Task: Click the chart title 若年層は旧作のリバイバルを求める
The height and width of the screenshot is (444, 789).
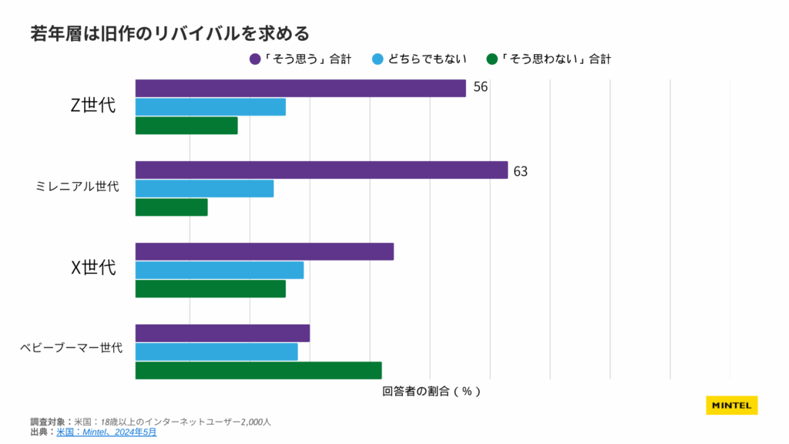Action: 170,34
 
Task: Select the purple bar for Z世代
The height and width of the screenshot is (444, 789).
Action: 300,89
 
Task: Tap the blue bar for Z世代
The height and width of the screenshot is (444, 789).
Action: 210,107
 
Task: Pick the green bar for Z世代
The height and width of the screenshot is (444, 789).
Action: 186,126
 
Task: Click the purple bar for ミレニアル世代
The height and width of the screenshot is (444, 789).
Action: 321,170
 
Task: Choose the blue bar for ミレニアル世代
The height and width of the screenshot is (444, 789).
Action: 204,189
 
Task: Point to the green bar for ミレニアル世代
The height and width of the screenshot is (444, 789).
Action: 171,207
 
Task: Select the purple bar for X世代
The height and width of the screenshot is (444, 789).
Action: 264,252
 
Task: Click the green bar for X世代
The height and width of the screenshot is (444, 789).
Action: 210,288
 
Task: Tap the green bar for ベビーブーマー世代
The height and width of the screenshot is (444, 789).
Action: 258,370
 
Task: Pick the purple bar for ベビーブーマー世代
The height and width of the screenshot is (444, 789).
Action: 222,333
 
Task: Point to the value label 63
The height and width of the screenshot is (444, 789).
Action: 520,171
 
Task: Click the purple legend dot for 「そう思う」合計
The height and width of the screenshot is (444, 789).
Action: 255,59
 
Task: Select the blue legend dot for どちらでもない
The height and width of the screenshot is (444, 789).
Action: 378,59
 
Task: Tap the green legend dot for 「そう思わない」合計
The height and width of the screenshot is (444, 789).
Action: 492,59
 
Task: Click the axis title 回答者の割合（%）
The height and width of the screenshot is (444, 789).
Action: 431,391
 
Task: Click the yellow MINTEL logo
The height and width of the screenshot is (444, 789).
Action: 731,405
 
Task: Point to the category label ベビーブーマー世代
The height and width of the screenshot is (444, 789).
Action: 72,348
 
